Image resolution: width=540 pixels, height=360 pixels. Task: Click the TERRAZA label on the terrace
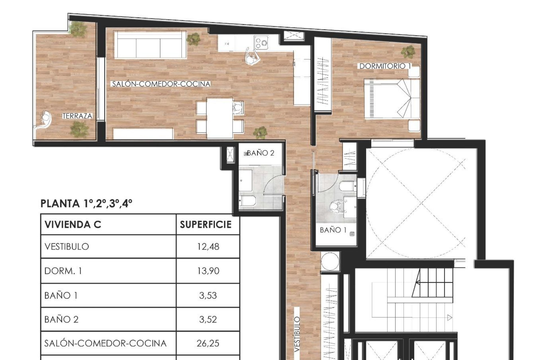click(77, 116)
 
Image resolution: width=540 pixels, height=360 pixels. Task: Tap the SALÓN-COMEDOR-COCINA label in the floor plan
click(161, 84)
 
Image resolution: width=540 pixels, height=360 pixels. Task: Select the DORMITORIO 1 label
click(385, 66)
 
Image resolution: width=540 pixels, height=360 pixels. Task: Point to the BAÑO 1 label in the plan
click(333, 230)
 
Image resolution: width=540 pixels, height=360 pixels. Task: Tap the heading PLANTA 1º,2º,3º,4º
click(86, 203)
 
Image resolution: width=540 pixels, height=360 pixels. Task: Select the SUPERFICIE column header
click(206, 224)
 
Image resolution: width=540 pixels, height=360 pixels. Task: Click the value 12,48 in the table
click(208, 247)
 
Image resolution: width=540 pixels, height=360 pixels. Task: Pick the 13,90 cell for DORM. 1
click(208, 271)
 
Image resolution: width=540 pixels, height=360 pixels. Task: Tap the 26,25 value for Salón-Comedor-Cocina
click(208, 343)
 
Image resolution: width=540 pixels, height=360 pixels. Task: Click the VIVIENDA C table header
click(73, 224)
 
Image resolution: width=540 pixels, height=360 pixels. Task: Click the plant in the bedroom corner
click(408, 51)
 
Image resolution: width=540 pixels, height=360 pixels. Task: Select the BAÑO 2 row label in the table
click(62, 319)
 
